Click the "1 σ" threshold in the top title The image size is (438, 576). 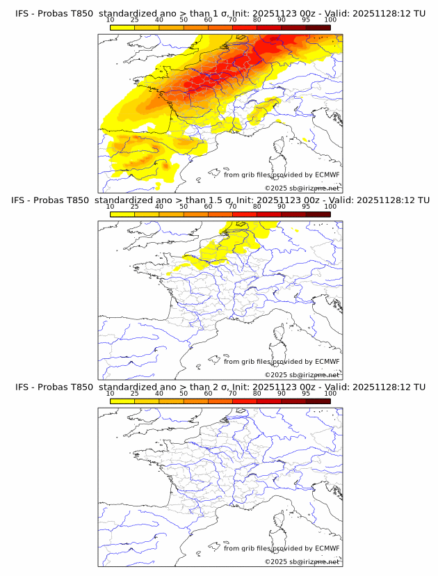pos(213,14)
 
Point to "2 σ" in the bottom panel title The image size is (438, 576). pos(213,387)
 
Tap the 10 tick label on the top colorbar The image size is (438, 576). pos(111,21)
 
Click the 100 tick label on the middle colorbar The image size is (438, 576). pos(330,207)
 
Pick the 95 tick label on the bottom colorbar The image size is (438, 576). pos(306,394)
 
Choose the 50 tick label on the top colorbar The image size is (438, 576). pos(184,21)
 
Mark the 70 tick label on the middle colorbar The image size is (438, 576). pos(232,207)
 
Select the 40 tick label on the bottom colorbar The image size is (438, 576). pos(159,394)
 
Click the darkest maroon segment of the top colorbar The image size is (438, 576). pos(318,27)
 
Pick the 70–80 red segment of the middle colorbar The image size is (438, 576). pos(245,214)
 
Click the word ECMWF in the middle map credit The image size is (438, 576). pos(327,362)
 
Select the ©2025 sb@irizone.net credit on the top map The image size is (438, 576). pos(302,189)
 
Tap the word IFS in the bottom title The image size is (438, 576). pos(22,387)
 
